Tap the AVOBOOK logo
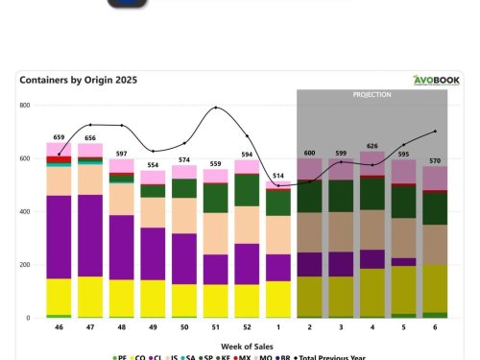coord(438,81)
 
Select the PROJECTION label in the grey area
coord(372,96)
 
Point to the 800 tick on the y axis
coord(25,106)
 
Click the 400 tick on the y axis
coord(25,211)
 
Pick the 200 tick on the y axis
coord(25,265)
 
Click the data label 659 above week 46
coord(59,136)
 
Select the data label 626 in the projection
coord(372,145)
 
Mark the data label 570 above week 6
coord(435,160)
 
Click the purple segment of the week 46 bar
coord(60,236)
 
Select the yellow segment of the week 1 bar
coord(278,299)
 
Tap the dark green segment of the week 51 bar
coord(215,197)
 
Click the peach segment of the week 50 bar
coord(184,215)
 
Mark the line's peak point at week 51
coord(215,108)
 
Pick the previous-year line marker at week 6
coord(435,131)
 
